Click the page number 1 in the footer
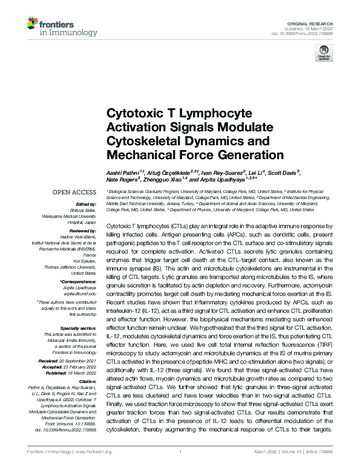pyautogui.click(x=180, y=466)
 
